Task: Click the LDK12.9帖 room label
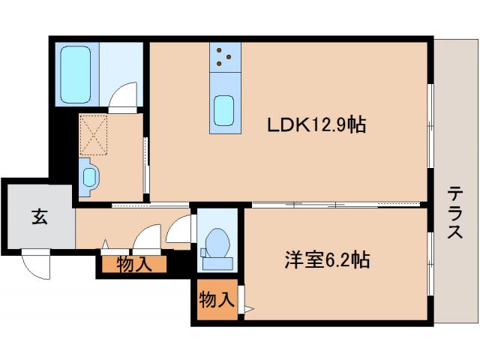click(316, 125)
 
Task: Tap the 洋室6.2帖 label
click(326, 260)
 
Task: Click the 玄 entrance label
click(39, 217)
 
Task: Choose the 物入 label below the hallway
click(135, 264)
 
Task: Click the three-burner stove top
click(225, 56)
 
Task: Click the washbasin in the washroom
click(90, 177)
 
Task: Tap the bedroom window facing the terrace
click(430, 262)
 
